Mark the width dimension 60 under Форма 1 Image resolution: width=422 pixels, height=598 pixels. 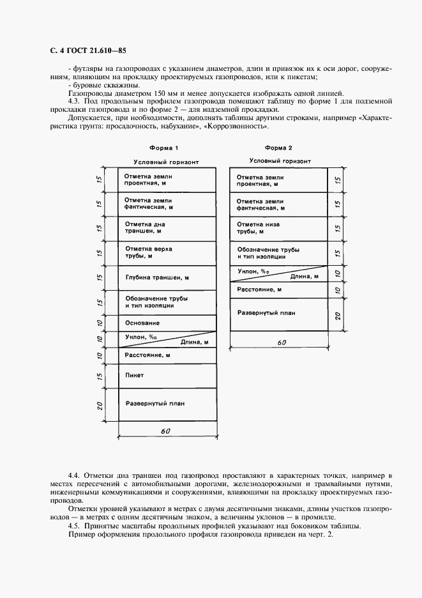point(165,432)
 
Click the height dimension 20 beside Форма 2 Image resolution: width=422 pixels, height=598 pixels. point(338,314)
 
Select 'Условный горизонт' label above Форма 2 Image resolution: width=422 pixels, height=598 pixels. point(280,161)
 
